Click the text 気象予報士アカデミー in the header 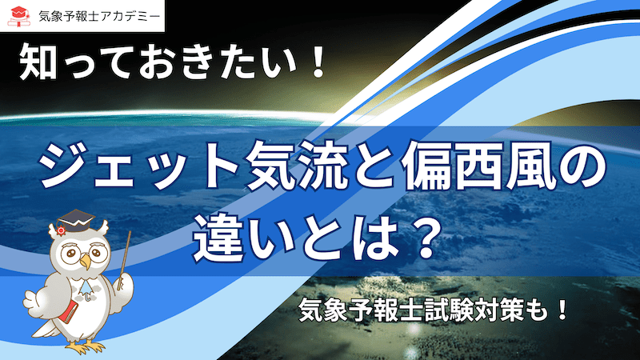click(x=99, y=16)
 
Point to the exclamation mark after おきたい click(x=315, y=62)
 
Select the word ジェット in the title click(x=137, y=169)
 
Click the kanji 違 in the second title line click(x=217, y=238)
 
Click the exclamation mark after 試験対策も click(x=562, y=310)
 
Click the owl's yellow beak click(x=86, y=261)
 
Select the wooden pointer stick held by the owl click(x=124, y=261)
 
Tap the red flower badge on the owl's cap click(x=62, y=230)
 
